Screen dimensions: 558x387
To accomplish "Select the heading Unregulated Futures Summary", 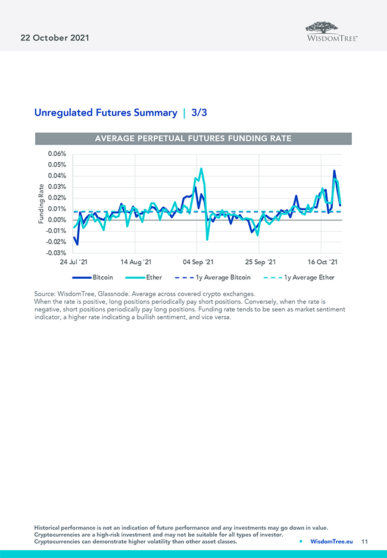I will point(105,112).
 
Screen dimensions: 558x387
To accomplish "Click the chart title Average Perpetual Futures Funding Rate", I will point(193,138).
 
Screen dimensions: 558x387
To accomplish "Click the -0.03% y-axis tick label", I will point(55,253).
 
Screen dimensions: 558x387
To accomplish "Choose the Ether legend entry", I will point(154,278).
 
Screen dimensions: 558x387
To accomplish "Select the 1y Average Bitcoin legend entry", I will point(223,278).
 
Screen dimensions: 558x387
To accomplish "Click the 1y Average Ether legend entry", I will point(309,278).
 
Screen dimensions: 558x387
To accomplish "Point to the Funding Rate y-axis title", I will point(41,203).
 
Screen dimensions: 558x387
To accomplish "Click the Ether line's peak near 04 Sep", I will point(201,169).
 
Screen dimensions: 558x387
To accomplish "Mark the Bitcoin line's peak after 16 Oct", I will point(334,171).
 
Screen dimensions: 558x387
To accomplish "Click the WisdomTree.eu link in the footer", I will point(332,541).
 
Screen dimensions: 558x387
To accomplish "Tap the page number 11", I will point(364,541).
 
